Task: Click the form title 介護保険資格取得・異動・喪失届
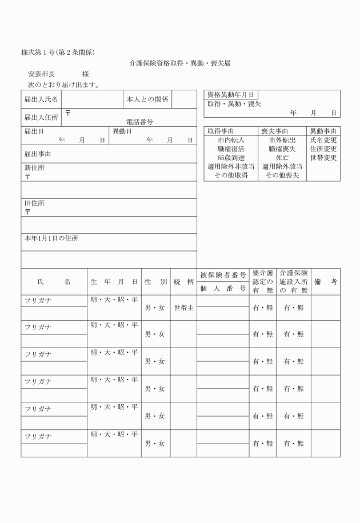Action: pos(180,63)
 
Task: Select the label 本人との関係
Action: pos(147,99)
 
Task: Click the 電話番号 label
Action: pos(139,122)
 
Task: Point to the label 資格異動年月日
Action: pos(231,95)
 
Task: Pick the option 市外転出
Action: pos(282,140)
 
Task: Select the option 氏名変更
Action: pos(323,140)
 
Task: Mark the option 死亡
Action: pos(282,158)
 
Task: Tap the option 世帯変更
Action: pos(323,158)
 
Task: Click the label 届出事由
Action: pos(38,154)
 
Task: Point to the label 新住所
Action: pos(34,168)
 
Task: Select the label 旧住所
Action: pos(34,203)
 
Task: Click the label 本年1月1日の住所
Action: pos(51,238)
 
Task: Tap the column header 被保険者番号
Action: pos(223,276)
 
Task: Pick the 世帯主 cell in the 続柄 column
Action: pos(183,308)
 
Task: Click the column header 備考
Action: pos(325,282)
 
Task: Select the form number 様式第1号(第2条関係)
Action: pos(58,53)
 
